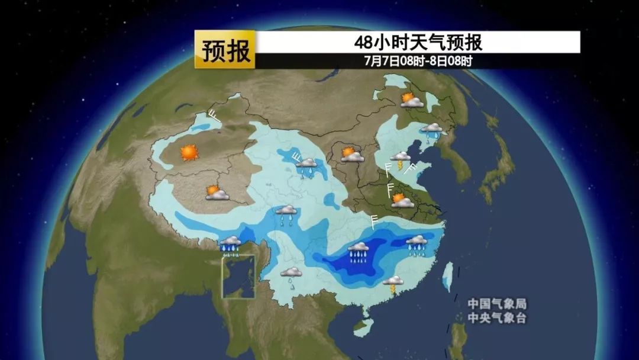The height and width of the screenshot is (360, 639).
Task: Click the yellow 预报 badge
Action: [x=225, y=50]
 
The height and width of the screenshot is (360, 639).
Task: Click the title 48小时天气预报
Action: [x=418, y=42]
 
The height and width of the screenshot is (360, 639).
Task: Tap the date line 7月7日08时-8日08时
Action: [x=418, y=60]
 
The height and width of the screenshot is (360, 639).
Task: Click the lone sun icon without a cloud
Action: [x=189, y=152]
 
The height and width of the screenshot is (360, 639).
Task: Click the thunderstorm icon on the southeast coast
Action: [x=392, y=283]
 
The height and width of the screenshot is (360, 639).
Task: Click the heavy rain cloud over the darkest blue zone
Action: [x=359, y=251]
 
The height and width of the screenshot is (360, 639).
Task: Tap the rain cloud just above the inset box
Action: [x=230, y=243]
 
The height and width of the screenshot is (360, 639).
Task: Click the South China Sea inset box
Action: [x=238, y=276]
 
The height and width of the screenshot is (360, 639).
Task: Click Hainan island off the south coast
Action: [x=360, y=324]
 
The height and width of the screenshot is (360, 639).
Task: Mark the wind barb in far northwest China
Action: [x=214, y=116]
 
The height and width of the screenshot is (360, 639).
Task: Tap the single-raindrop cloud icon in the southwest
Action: [x=291, y=275]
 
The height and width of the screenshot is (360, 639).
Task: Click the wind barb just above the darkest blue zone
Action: [x=374, y=222]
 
